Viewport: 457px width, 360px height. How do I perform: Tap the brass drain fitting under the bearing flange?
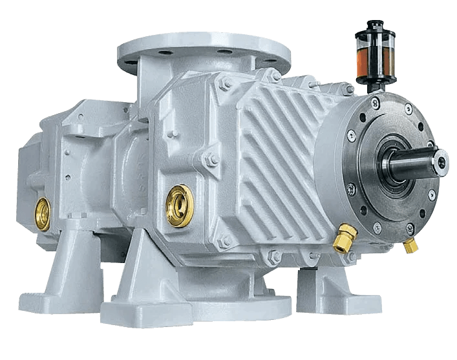tap(409, 246)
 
